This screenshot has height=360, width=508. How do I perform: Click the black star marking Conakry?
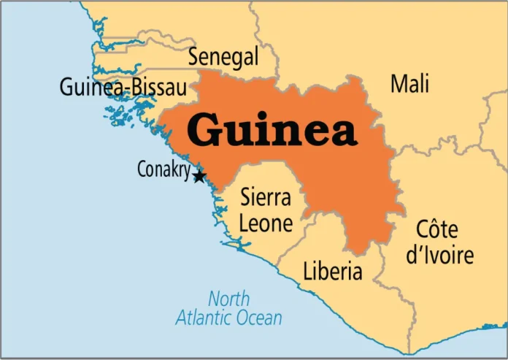coord(199,176)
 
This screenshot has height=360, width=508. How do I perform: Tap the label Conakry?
coord(163,170)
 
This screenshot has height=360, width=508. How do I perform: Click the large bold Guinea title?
coord(272,130)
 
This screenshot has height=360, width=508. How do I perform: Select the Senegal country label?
coord(223,57)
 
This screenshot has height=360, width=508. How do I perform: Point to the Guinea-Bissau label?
coord(123,88)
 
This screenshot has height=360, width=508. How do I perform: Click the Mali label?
coord(409,84)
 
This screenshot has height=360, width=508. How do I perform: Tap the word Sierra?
coord(266,198)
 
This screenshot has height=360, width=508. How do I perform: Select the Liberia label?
coord(332,272)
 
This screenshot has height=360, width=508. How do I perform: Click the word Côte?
coord(437,229)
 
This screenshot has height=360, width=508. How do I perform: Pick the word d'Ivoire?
coord(439,255)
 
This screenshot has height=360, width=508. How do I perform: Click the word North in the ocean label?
coord(228,299)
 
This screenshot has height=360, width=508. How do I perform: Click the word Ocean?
coord(256,318)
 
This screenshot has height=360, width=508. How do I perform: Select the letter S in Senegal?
coord(194,57)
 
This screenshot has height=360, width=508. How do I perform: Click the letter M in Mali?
coord(397,84)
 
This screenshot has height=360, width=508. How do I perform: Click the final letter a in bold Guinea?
coord(342,132)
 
